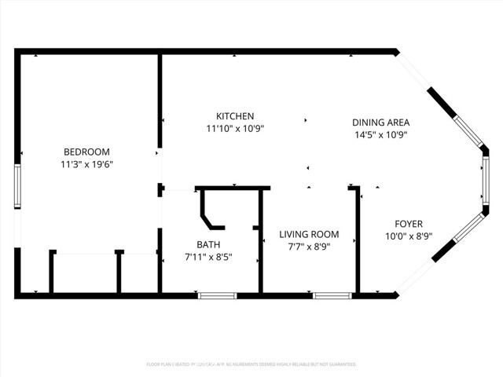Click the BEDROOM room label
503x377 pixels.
pyautogui.click(x=86, y=152)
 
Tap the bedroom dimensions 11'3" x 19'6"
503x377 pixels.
pyautogui.click(x=86, y=165)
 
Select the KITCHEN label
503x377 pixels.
pyautogui.click(x=235, y=116)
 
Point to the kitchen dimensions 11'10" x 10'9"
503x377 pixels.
pyautogui.click(x=235, y=129)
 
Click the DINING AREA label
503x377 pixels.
pyautogui.click(x=380, y=122)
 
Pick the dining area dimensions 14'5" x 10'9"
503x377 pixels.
pyautogui.click(x=380, y=134)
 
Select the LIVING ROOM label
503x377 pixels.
pyautogui.click(x=309, y=234)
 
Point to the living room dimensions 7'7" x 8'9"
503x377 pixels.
pyautogui.click(x=309, y=247)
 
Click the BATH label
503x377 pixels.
pyautogui.click(x=208, y=243)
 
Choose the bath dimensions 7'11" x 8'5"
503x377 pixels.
pyautogui.click(x=208, y=257)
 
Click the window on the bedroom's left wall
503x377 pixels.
pyautogui.click(x=17, y=185)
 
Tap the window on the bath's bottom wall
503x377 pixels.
pyautogui.click(x=216, y=295)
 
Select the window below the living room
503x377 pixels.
pyautogui.click(x=332, y=295)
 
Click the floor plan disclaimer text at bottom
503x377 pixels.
pyautogui.click(x=251, y=364)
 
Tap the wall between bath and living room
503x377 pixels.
pyautogui.click(x=261, y=251)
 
